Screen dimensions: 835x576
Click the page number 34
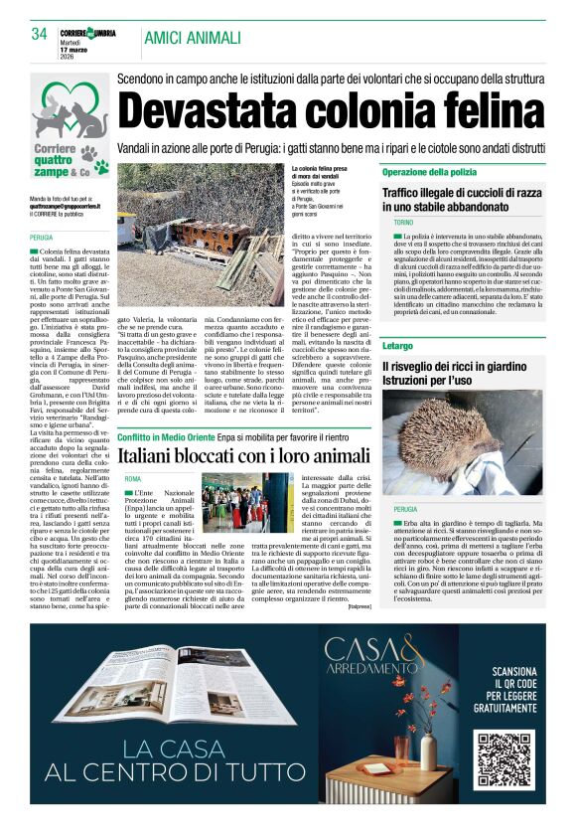click(x=39, y=35)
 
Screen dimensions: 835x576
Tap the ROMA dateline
click(x=133, y=479)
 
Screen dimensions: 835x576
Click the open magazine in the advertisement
click(x=139, y=696)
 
